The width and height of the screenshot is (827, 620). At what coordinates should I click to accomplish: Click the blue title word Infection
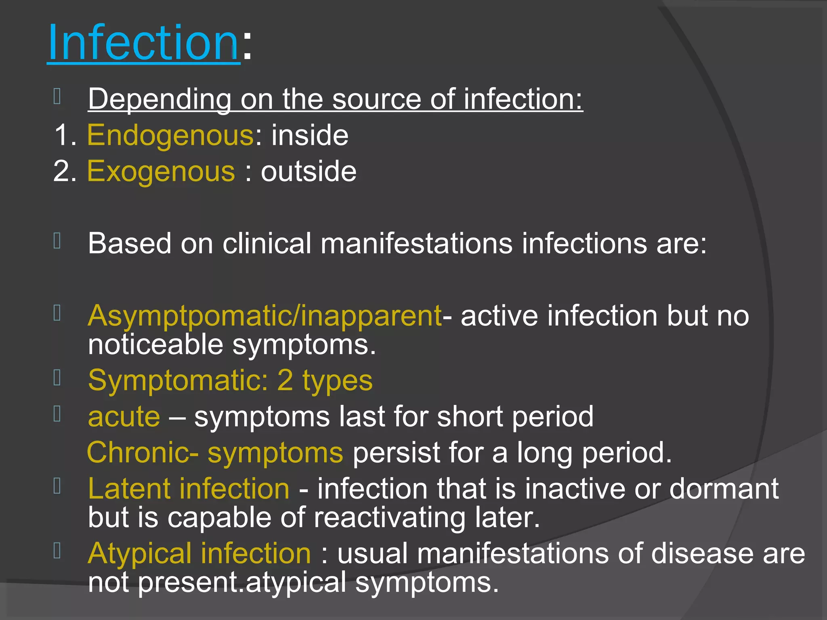[x=143, y=43]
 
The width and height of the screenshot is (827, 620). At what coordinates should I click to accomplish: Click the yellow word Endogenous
[x=170, y=135]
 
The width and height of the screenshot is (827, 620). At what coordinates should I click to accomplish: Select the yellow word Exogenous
[x=161, y=172]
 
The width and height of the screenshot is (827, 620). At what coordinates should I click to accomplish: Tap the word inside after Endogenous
[x=310, y=135]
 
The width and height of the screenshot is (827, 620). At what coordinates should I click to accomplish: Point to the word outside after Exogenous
[x=309, y=172]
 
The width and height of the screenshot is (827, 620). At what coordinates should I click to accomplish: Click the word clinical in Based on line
[x=267, y=243]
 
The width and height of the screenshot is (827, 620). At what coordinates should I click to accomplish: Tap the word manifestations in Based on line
[x=416, y=243]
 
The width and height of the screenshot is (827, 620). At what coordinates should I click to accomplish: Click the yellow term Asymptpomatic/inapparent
[x=264, y=316]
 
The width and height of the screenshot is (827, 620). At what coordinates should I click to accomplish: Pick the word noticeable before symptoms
[x=155, y=345]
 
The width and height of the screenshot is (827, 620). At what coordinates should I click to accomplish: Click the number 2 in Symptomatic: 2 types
[x=285, y=380]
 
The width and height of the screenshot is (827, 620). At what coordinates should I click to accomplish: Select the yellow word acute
[x=124, y=417]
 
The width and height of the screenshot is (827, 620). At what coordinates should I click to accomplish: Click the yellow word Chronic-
[x=143, y=452]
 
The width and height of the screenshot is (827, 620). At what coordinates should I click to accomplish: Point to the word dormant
[x=724, y=489]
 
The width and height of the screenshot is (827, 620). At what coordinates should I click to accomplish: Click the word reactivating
[x=390, y=517]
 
